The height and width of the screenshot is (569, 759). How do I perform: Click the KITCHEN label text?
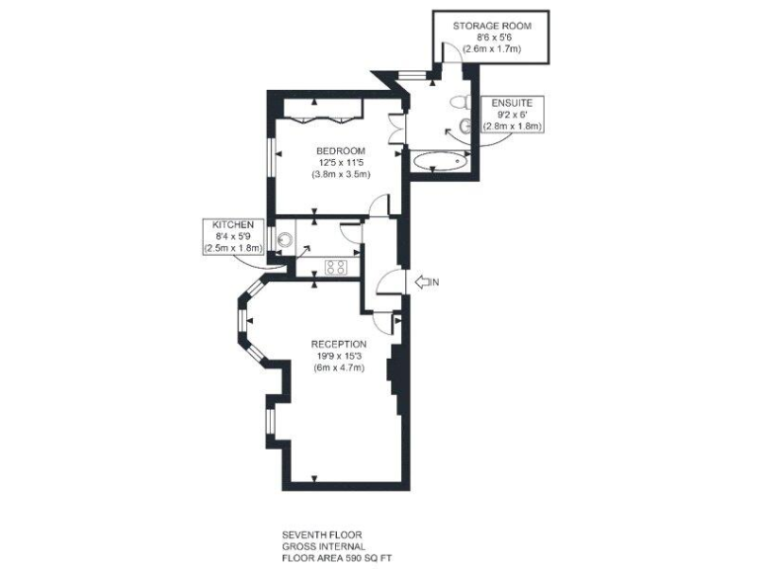click(x=233, y=224)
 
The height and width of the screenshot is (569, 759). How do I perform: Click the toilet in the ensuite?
click(x=458, y=102)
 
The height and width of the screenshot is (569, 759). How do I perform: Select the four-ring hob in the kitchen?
click(x=336, y=266)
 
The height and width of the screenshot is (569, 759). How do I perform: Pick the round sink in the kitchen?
click(x=287, y=238)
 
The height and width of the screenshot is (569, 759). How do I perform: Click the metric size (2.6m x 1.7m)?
click(x=491, y=48)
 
